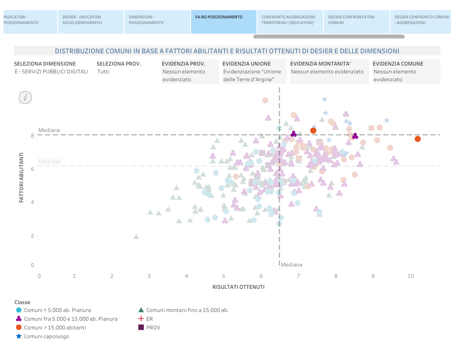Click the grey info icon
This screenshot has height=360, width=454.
point(25,97)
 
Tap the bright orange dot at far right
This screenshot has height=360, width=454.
point(418,139)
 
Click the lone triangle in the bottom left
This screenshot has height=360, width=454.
point(136,236)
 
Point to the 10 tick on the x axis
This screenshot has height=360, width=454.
point(411,276)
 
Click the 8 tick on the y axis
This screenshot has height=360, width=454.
point(32,135)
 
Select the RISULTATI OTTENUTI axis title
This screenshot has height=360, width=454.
point(239,287)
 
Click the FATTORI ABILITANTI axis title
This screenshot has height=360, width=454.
point(21,177)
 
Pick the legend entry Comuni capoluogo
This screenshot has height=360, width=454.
point(46,336)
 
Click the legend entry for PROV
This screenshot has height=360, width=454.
point(153,327)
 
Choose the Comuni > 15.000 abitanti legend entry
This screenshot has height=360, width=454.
point(55,328)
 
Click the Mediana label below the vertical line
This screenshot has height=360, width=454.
point(291,265)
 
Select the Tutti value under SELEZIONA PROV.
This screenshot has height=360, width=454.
point(104,72)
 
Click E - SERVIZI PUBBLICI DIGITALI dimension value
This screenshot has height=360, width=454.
point(52,72)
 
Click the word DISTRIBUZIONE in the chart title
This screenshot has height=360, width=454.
point(79,51)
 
